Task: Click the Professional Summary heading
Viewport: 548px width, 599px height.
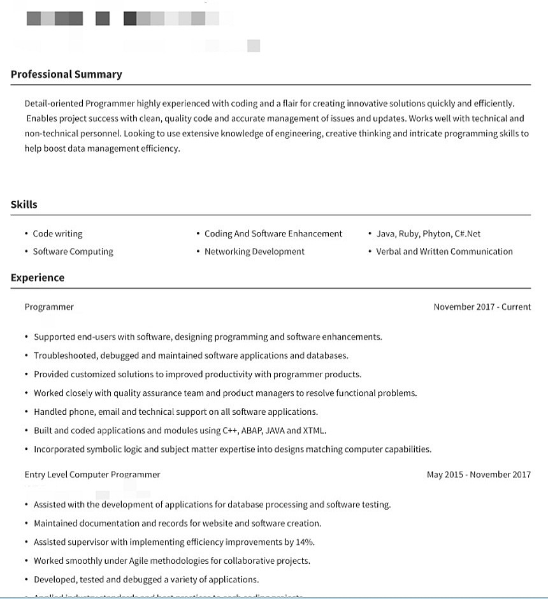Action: pos(66,75)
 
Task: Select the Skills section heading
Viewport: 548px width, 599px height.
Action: pos(24,205)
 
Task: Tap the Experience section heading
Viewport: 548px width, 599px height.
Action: pos(38,278)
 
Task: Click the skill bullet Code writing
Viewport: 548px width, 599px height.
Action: pos(57,234)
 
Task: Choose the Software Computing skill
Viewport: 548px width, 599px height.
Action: pos(73,252)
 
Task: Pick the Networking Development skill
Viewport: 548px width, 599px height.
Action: pos(254,252)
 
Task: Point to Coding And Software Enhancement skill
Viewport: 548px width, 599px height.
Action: pos(273,234)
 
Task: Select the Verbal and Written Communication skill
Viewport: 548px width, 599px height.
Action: pos(444,252)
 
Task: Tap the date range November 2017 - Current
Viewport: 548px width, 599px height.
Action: pos(482,307)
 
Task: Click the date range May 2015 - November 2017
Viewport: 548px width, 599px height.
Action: pos(479,475)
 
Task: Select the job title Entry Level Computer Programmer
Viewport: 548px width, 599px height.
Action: pos(92,475)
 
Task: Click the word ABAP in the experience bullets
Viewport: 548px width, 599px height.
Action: pos(250,431)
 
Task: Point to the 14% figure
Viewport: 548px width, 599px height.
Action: pos(305,542)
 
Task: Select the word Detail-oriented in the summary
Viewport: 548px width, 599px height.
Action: pos(54,104)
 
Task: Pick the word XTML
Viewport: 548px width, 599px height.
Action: pos(314,431)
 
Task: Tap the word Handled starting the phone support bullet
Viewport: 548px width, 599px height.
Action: pos(50,412)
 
